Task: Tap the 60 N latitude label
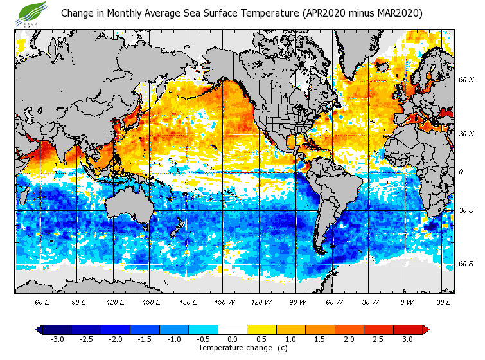point(466,80)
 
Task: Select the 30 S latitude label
point(466,211)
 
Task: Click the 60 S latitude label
point(466,264)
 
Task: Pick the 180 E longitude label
point(187,302)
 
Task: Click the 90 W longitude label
point(297,302)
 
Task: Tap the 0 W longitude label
point(406,302)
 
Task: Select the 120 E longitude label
point(115,302)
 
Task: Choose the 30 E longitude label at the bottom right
point(443,302)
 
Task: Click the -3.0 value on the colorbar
point(57,339)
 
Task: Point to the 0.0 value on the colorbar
point(233,339)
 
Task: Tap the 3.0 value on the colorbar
point(408,339)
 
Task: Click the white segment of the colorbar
point(233,329)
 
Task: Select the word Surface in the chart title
point(206,14)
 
